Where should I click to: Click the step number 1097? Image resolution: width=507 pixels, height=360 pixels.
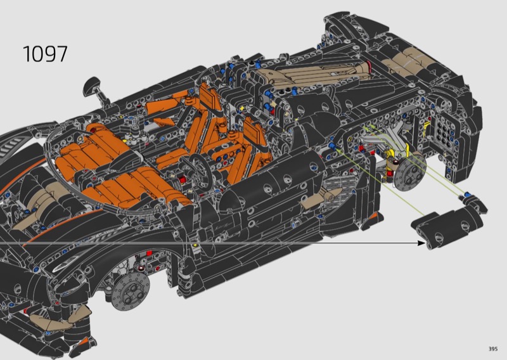45,54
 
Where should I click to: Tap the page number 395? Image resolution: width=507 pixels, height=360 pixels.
493,349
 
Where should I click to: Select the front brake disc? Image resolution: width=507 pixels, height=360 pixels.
131,291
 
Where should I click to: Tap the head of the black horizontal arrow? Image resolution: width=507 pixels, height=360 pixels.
421,243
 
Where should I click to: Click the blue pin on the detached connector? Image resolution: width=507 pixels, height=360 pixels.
466,195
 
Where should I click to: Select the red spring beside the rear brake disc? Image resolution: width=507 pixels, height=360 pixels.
390,168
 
